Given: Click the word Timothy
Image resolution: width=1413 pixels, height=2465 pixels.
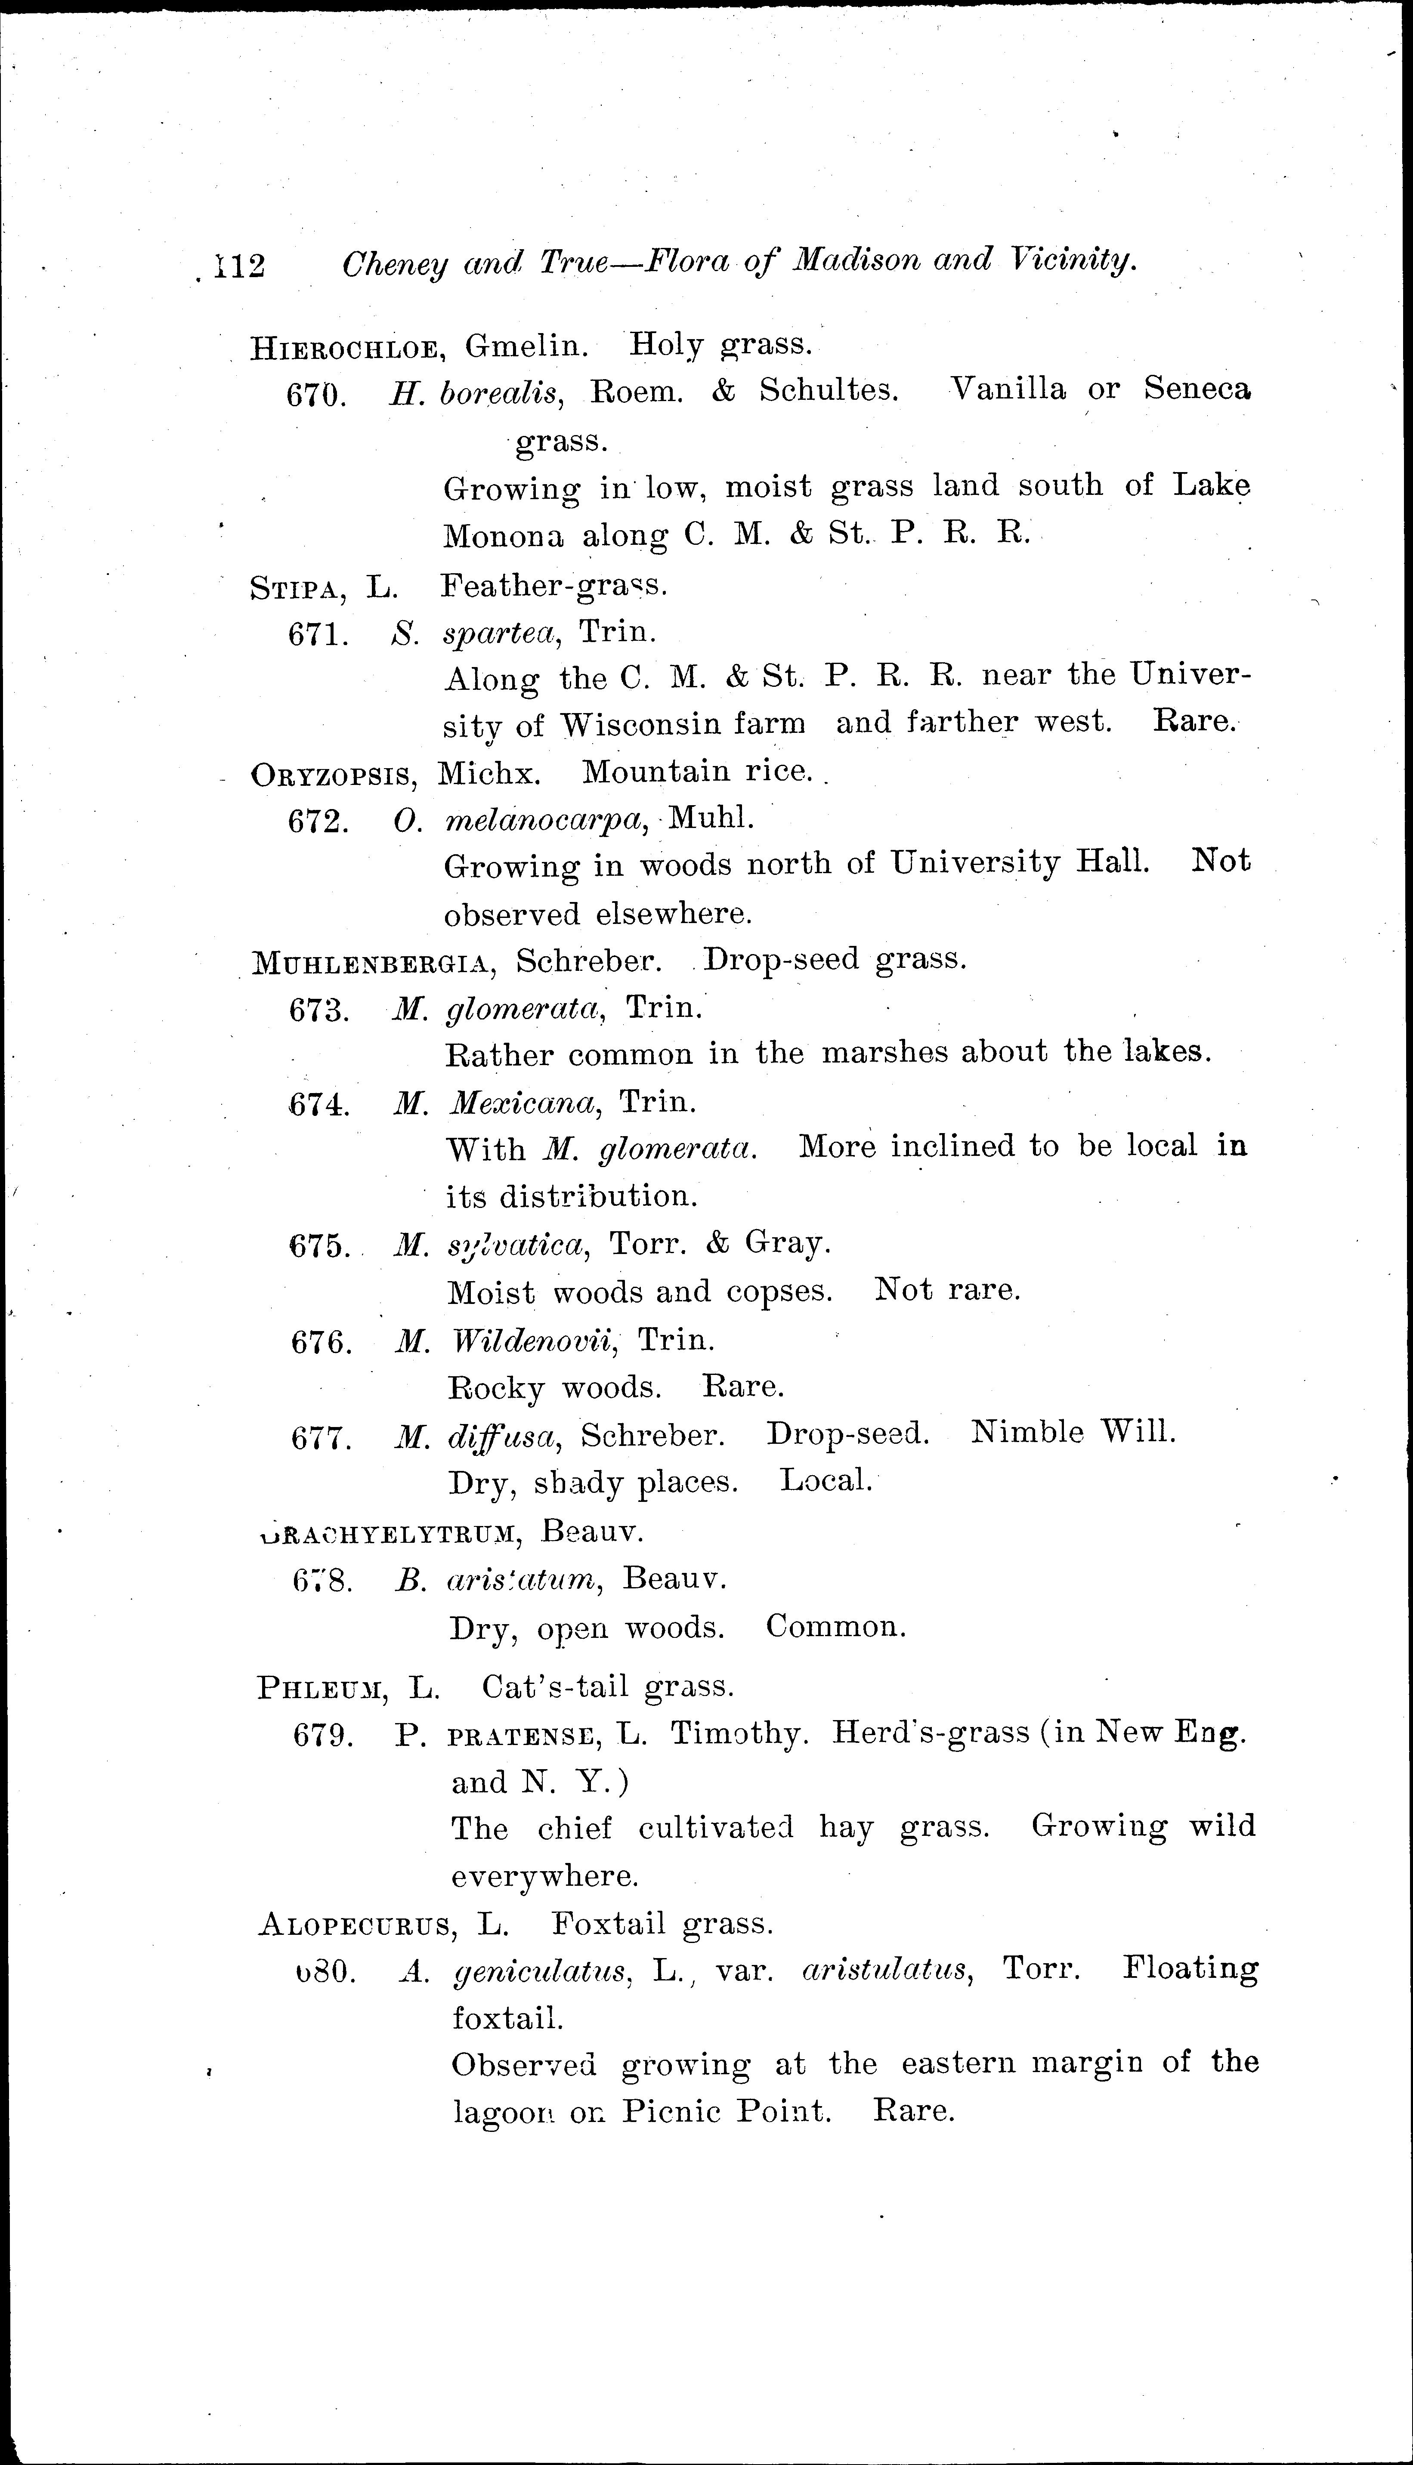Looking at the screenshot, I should (739, 1735).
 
